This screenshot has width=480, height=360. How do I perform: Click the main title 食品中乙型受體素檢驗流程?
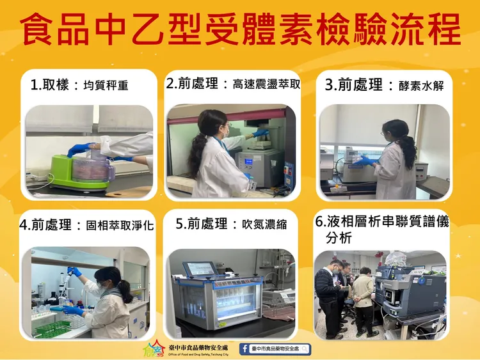pyautogui.click(x=240, y=29)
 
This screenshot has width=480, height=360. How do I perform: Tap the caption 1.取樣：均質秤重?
pyautogui.click(x=79, y=85)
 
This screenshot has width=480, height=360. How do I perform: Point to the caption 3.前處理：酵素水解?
pyautogui.click(x=384, y=84)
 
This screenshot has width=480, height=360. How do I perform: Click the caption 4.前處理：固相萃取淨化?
pyautogui.click(x=86, y=225)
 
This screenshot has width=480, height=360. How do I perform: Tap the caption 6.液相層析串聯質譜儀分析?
pyautogui.click(x=382, y=229)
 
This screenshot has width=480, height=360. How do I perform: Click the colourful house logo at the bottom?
pyautogui.click(x=154, y=349)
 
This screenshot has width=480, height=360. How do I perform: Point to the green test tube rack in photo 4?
pyautogui.click(x=52, y=329)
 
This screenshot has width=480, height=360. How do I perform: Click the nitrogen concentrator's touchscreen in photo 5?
pyautogui.click(x=198, y=269)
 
